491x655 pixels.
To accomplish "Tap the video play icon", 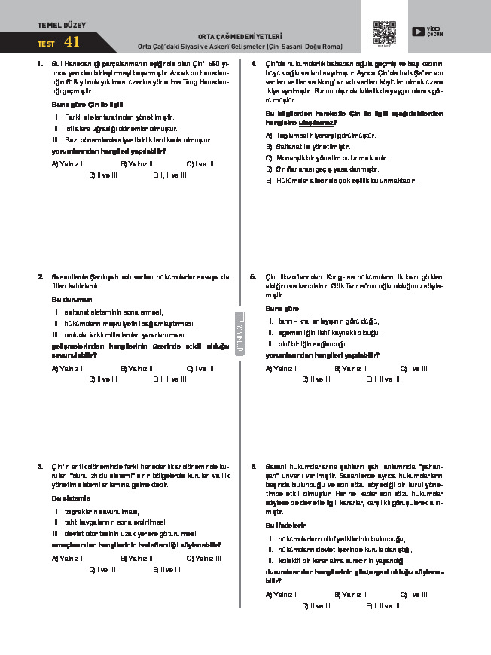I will click(x=418, y=32).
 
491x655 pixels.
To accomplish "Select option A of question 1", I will click(x=66, y=163).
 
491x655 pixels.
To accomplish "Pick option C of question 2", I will click(x=200, y=369).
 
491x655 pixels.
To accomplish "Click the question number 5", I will click(x=254, y=277).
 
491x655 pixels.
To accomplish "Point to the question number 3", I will click(x=39, y=467).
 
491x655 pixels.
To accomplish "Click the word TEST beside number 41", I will click(x=46, y=44).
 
